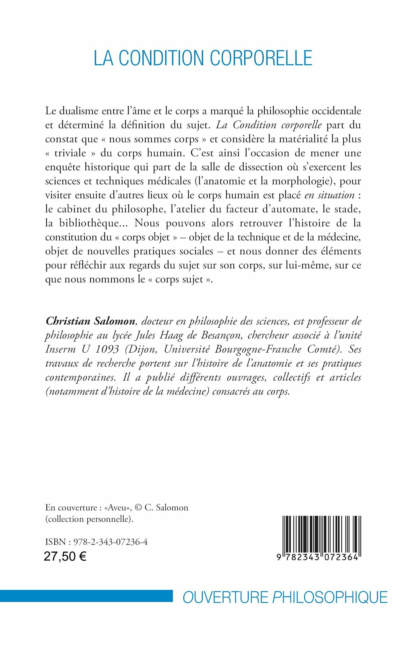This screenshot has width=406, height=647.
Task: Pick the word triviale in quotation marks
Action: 70,153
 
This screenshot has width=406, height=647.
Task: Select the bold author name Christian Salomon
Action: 90,321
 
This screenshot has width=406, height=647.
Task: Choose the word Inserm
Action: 60,349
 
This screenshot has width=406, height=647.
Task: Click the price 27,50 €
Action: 65,557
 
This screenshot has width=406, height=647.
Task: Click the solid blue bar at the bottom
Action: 86,596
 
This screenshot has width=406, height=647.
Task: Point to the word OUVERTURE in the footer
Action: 225,597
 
